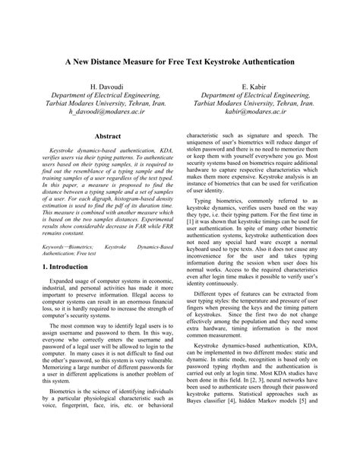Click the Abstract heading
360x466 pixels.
[106, 136]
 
